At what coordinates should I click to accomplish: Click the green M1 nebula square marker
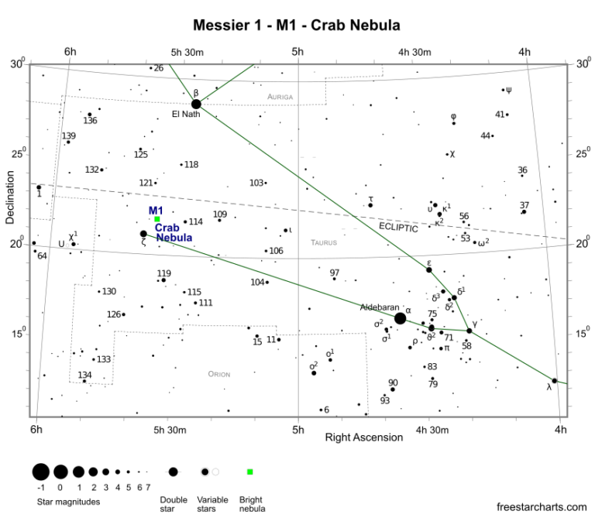(x=157, y=219)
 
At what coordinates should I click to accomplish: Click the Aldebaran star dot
(x=400, y=318)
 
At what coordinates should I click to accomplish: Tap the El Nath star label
(x=186, y=115)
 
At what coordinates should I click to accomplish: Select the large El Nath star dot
(x=196, y=104)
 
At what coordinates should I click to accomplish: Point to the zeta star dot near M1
(x=143, y=234)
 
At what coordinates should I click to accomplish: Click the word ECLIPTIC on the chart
(x=398, y=228)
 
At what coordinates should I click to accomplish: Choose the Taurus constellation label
(x=324, y=242)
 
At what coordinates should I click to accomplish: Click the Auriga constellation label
(x=280, y=97)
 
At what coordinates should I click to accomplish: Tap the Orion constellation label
(x=219, y=374)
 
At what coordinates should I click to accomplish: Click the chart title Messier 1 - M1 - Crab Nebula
(x=297, y=25)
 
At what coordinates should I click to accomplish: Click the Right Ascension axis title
(x=364, y=437)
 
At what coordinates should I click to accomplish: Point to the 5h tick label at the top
(x=297, y=52)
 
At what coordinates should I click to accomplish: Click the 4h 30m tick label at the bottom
(x=432, y=430)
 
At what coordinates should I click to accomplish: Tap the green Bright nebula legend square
(x=249, y=472)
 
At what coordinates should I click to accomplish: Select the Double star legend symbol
(x=173, y=472)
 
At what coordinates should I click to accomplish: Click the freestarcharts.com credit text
(x=542, y=507)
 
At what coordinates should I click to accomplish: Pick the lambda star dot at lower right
(x=554, y=380)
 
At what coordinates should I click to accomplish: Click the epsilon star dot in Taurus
(x=428, y=269)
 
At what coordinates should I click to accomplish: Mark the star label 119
(x=163, y=273)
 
